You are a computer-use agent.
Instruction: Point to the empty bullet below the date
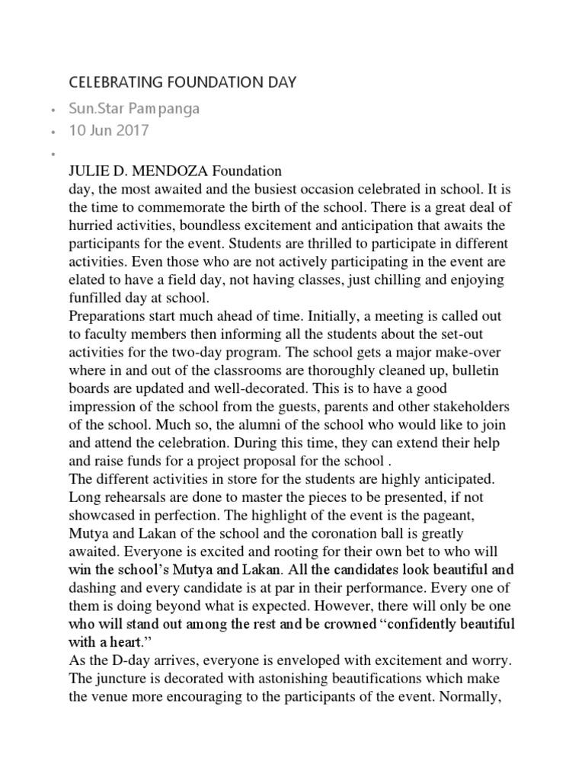coord(51,154)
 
